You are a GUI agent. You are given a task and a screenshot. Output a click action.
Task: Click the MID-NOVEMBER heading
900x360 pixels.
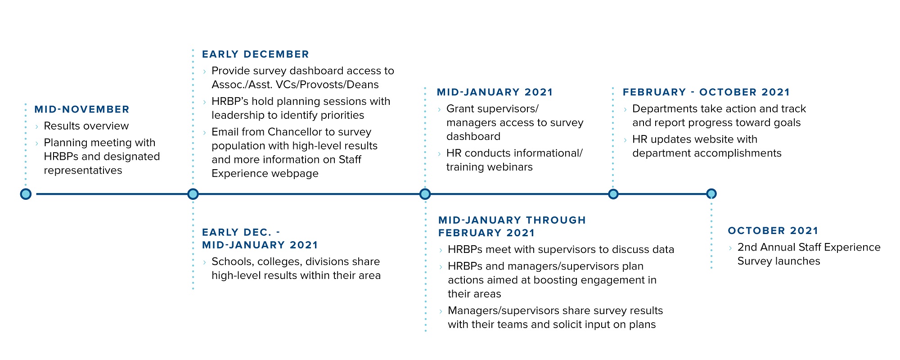[x=82, y=109]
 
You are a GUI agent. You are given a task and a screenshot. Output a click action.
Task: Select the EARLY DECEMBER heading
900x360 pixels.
[x=256, y=54]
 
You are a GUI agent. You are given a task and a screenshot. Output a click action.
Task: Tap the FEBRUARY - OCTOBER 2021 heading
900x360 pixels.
[x=706, y=92]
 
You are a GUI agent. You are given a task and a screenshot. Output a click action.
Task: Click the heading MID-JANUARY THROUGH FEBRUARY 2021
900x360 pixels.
[x=512, y=226]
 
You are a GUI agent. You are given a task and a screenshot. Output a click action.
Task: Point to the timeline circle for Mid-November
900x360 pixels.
[x=26, y=194]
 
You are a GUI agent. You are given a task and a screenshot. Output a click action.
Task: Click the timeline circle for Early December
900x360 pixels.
[x=193, y=194]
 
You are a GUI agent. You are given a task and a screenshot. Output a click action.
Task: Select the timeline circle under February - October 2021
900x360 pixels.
[x=613, y=194]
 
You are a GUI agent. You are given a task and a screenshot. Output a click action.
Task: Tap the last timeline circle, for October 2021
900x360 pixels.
[x=711, y=194]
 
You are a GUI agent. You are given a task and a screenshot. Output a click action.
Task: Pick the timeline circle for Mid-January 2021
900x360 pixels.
[x=425, y=194]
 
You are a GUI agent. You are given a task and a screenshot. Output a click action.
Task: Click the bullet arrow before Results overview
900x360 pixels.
[x=37, y=126]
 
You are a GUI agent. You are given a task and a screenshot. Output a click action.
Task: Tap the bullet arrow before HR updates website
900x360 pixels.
[x=625, y=139]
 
